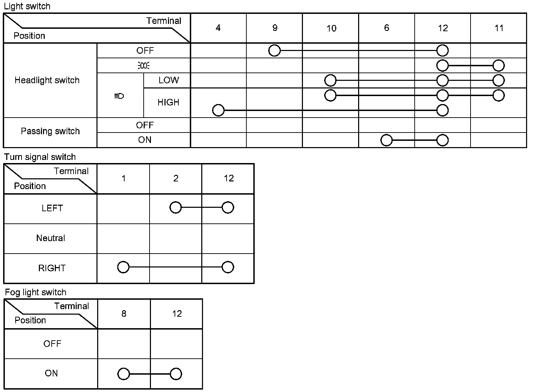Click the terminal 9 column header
[275, 28]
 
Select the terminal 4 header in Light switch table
[218, 28]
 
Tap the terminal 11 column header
[499, 28]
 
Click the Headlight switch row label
[47, 80]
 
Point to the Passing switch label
[50, 131]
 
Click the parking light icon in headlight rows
[143, 65]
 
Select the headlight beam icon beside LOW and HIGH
[119, 96]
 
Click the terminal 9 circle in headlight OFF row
[274, 51]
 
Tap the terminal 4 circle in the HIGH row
[218, 110]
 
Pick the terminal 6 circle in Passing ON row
[387, 140]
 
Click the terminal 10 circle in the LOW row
[330, 80]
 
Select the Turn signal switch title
[40, 157]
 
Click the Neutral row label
[51, 238]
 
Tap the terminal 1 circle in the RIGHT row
[124, 267]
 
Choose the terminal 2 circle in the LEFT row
[176, 208]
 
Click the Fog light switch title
[36, 292]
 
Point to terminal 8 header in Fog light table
[124, 314]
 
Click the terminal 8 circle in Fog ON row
[124, 374]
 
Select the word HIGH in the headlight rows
[168, 102]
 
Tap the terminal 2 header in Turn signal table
[176, 179]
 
